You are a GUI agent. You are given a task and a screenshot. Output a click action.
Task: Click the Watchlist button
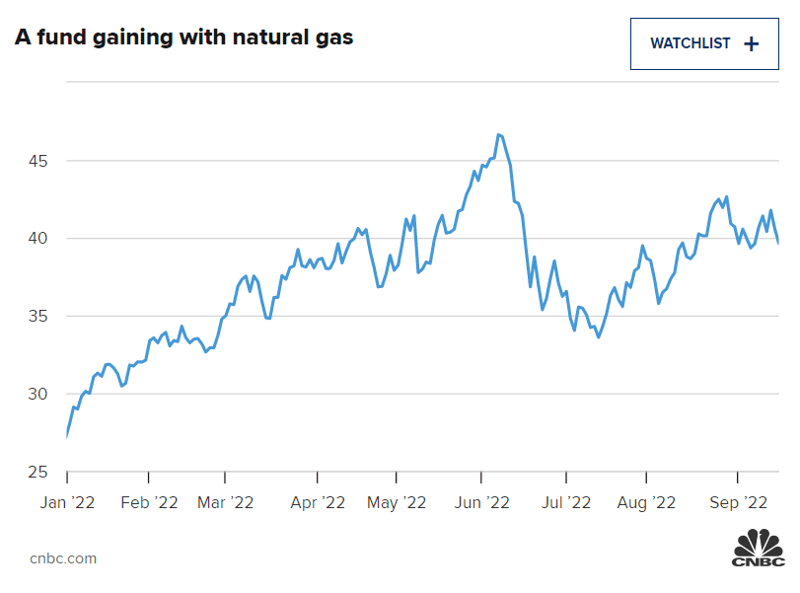click(704, 43)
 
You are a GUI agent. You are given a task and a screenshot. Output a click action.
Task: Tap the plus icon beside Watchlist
click(751, 43)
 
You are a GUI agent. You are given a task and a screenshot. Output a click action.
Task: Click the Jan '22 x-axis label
click(66, 502)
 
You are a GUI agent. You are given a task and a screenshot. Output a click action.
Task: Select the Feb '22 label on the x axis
click(148, 502)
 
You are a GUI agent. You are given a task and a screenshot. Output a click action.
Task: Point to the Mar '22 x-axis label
click(225, 502)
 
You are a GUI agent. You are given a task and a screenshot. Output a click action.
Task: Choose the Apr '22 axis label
click(318, 502)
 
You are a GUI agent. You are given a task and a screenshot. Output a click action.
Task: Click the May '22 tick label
click(397, 502)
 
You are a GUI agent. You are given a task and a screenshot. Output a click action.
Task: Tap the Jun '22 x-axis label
click(480, 502)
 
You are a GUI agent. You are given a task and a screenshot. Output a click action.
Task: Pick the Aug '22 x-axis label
click(646, 502)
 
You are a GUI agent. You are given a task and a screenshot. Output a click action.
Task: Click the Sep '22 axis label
click(740, 502)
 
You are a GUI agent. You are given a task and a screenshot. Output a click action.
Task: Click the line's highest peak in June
click(499, 134)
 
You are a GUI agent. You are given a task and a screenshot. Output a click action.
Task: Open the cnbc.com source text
click(63, 558)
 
